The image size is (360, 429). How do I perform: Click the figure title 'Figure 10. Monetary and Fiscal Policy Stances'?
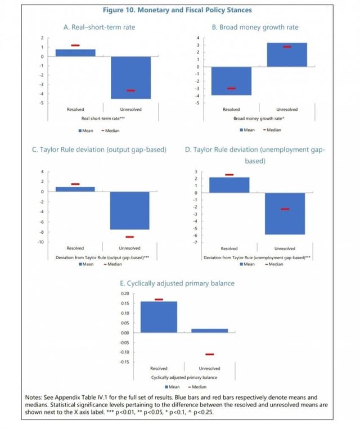[178, 10]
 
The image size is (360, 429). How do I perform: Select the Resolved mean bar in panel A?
[75, 53]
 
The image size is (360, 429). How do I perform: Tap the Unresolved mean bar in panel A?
[130, 77]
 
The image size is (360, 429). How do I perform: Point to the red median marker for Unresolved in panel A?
[130, 91]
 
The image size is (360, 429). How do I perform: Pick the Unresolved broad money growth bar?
[287, 55]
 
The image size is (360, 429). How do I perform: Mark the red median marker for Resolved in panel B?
[231, 88]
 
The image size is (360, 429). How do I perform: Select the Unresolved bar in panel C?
[130, 210]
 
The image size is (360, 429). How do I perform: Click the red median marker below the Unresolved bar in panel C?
[130, 237]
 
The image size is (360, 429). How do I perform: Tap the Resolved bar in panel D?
[229, 185]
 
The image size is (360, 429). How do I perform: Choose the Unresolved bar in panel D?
[285, 213]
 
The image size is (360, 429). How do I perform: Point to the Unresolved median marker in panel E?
[210, 354]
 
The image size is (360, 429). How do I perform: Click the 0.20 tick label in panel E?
[125, 293]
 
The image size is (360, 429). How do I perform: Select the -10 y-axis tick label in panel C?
[41, 242]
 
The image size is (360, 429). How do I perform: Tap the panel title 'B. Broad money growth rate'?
[255, 27]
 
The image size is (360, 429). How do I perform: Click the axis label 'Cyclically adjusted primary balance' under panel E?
[184, 377]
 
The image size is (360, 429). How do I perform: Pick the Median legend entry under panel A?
[110, 130]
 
